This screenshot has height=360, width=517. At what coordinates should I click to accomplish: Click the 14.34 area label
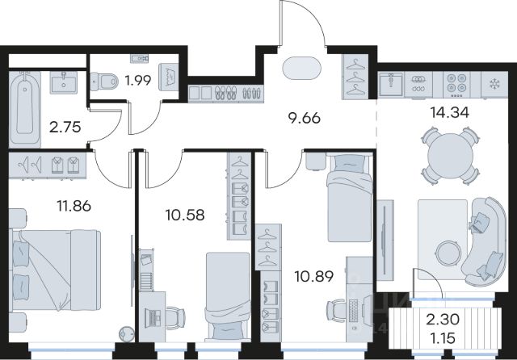click(x=449, y=113)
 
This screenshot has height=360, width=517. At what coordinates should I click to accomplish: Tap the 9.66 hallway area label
click(x=304, y=118)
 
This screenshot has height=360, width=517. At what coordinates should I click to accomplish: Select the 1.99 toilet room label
click(x=138, y=80)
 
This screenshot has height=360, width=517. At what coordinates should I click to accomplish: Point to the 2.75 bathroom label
click(x=65, y=127)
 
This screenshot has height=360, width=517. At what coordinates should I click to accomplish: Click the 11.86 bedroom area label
click(x=74, y=206)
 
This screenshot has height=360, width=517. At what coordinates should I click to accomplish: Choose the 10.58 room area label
click(x=185, y=215)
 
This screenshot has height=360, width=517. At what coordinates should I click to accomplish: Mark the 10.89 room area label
click(x=314, y=276)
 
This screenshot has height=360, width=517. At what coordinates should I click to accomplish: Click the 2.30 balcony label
click(x=443, y=319)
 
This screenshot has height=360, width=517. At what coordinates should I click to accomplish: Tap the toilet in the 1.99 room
click(x=104, y=81)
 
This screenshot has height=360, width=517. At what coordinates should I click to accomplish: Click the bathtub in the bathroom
click(x=25, y=110)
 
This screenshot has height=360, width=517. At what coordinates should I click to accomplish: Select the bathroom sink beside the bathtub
click(x=64, y=82)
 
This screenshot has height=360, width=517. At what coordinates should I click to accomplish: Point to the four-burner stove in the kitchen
click(x=456, y=85)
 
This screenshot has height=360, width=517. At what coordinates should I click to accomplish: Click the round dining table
click(x=450, y=156)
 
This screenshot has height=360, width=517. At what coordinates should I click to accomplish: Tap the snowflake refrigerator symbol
click(x=494, y=84)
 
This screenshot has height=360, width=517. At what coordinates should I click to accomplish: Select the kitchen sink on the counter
click(x=391, y=84)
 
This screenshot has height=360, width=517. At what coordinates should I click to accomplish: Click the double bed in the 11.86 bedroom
click(x=56, y=270)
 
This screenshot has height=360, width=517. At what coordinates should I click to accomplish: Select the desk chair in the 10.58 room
click(x=176, y=318)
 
